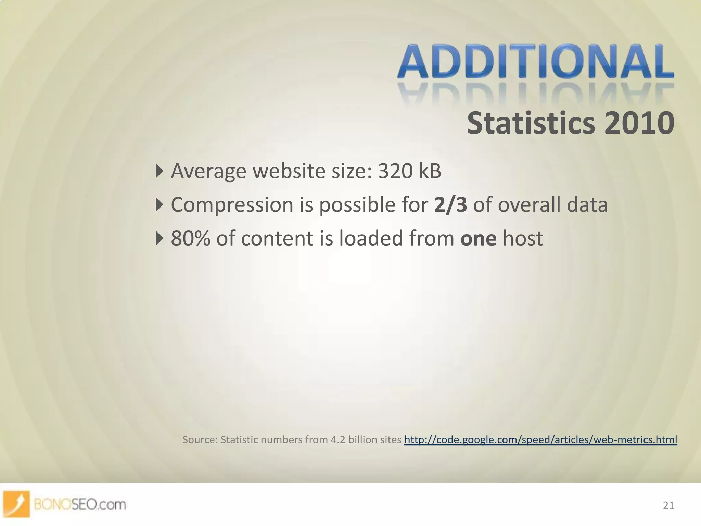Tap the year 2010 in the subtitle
pyautogui.click(x=639, y=123)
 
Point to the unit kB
pyautogui.click(x=430, y=171)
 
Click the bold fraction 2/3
pyautogui.click(x=450, y=205)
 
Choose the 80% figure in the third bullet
pyautogui.click(x=190, y=238)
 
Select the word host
pyautogui.click(x=523, y=238)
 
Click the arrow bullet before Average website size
pyautogui.click(x=159, y=171)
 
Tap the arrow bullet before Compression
pyautogui.click(x=159, y=205)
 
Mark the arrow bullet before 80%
pyautogui.click(x=159, y=238)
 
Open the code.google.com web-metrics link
pyautogui.click(x=540, y=439)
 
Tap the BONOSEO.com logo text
pyautogui.click(x=80, y=504)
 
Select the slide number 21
pyautogui.click(x=668, y=505)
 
